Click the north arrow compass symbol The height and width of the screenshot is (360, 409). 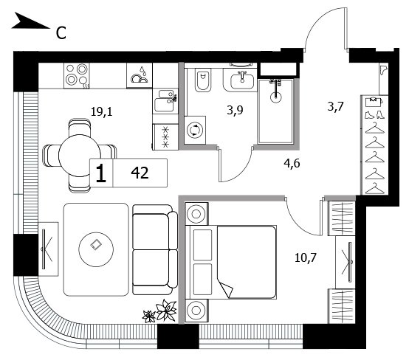tap(30, 21)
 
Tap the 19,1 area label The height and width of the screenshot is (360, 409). tap(101, 112)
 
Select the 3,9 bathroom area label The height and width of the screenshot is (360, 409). tap(235, 110)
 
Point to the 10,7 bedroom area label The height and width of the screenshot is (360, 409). tap(306, 257)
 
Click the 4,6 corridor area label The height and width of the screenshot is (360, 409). tap(292, 164)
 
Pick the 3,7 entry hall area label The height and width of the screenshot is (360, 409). tap(336, 107)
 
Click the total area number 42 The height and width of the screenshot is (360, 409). tap(140, 173)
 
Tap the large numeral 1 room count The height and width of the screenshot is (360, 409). tap(101, 173)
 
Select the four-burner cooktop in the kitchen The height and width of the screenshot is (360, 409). tap(78, 76)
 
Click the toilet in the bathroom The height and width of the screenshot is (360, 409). tap(203, 80)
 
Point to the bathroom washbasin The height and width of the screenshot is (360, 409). tap(242, 81)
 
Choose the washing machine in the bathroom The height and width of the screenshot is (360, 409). tap(195, 130)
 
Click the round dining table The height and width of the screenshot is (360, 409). tap(80, 156)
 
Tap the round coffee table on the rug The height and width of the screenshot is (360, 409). tap(96, 249)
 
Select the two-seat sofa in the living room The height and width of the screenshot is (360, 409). tap(155, 249)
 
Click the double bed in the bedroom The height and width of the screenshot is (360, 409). tap(230, 262)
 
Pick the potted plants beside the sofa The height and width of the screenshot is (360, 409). tap(159, 311)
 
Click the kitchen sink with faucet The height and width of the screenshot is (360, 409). tap(165, 101)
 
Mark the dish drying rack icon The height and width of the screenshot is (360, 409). tap(140, 75)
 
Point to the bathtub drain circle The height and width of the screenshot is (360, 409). tap(275, 97)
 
